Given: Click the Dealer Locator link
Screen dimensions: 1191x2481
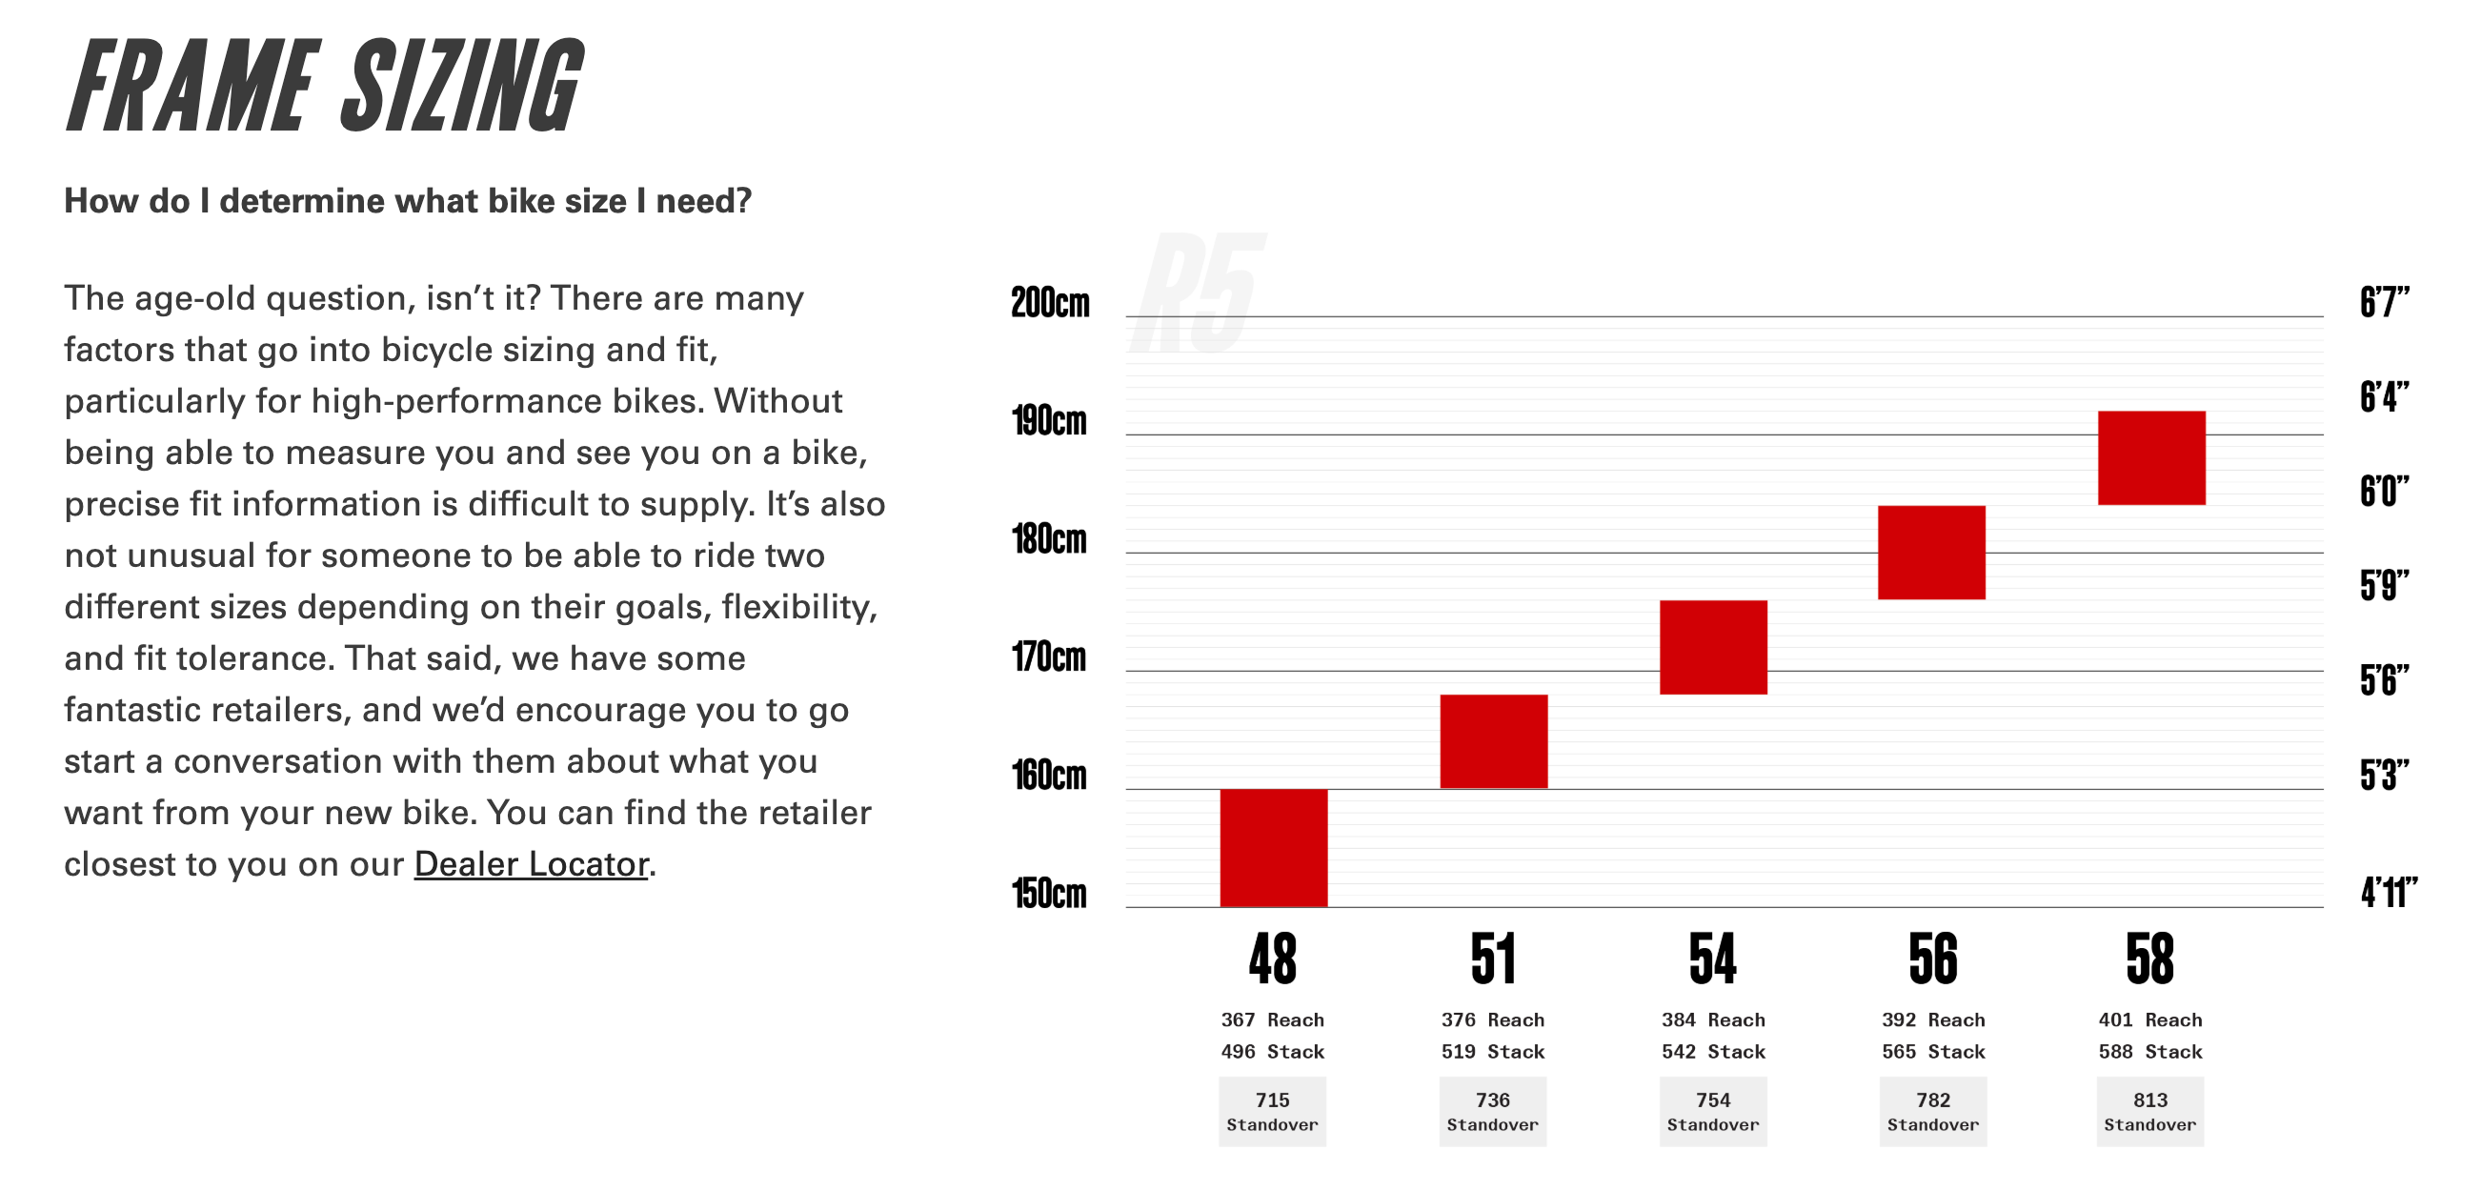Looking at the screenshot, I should click(x=531, y=863).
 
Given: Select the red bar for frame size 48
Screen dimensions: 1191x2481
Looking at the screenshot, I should click(x=1273, y=847).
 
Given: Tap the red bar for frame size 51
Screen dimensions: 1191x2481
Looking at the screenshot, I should click(x=1493, y=741).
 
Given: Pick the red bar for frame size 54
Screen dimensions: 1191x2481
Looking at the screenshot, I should click(x=1712, y=647).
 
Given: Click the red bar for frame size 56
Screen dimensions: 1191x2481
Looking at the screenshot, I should click(x=1931, y=553).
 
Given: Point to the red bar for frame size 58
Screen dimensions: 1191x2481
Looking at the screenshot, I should click(x=2150, y=458).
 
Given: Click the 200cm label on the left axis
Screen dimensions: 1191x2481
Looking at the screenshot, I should click(x=1050, y=303).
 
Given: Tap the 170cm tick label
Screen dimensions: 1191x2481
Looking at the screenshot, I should click(x=1049, y=657).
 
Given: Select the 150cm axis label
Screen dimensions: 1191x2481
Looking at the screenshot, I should click(x=1049, y=894).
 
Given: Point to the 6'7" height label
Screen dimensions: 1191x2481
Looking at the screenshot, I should click(x=2384, y=302).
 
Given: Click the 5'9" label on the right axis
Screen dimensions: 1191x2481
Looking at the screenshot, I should click(x=2384, y=585).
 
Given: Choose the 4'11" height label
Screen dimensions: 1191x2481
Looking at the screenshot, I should click(x=2388, y=893).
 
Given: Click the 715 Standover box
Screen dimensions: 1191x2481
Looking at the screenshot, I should click(x=1272, y=1111).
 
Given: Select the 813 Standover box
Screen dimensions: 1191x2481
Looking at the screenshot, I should click(x=2149, y=1111).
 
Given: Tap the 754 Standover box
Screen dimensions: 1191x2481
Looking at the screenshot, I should click(x=1712, y=1111).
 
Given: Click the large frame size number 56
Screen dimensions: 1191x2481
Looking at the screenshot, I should click(x=1932, y=959).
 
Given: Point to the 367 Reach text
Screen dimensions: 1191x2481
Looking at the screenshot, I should click(x=1272, y=1019).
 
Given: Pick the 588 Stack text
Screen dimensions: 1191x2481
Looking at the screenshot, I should click(x=2149, y=1051).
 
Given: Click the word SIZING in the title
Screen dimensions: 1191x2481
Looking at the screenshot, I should click(x=462, y=87).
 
